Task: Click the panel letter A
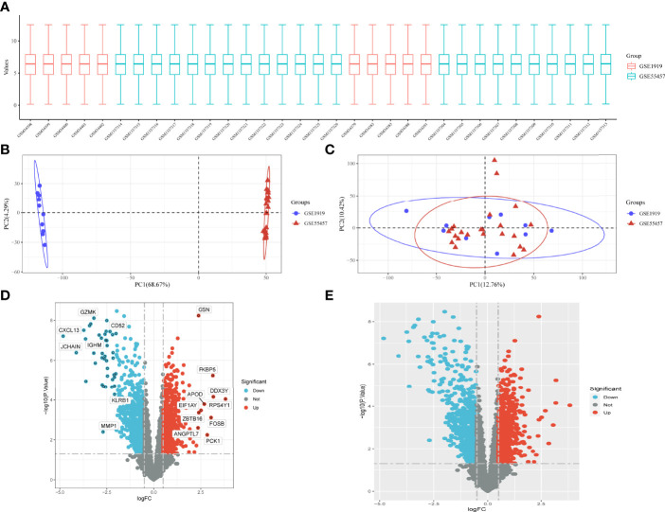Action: click(8, 7)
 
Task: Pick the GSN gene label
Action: click(204, 310)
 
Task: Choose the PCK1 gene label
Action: click(213, 441)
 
